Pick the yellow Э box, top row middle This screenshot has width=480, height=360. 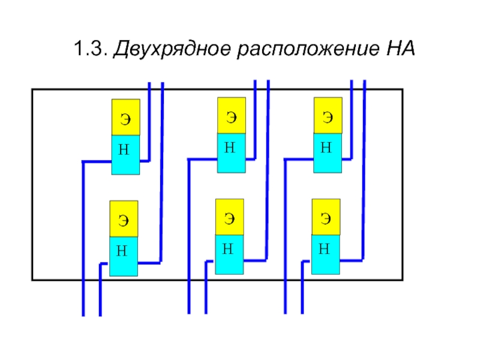[x=231, y=115]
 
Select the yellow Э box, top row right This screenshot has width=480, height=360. [x=328, y=115]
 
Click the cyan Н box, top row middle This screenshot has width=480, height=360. [x=231, y=153]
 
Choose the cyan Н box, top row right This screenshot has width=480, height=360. [x=328, y=153]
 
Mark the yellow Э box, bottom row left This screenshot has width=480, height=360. [x=123, y=219]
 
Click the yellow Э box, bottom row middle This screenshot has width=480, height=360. [x=229, y=218]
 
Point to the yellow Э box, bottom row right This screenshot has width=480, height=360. [x=326, y=218]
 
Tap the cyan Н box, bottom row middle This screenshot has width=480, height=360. [x=229, y=255]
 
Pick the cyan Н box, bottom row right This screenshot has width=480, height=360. [x=326, y=255]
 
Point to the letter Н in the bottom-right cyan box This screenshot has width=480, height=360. [x=324, y=248]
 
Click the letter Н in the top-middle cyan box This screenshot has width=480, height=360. [x=229, y=147]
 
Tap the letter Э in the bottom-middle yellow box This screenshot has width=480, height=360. [x=229, y=218]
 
